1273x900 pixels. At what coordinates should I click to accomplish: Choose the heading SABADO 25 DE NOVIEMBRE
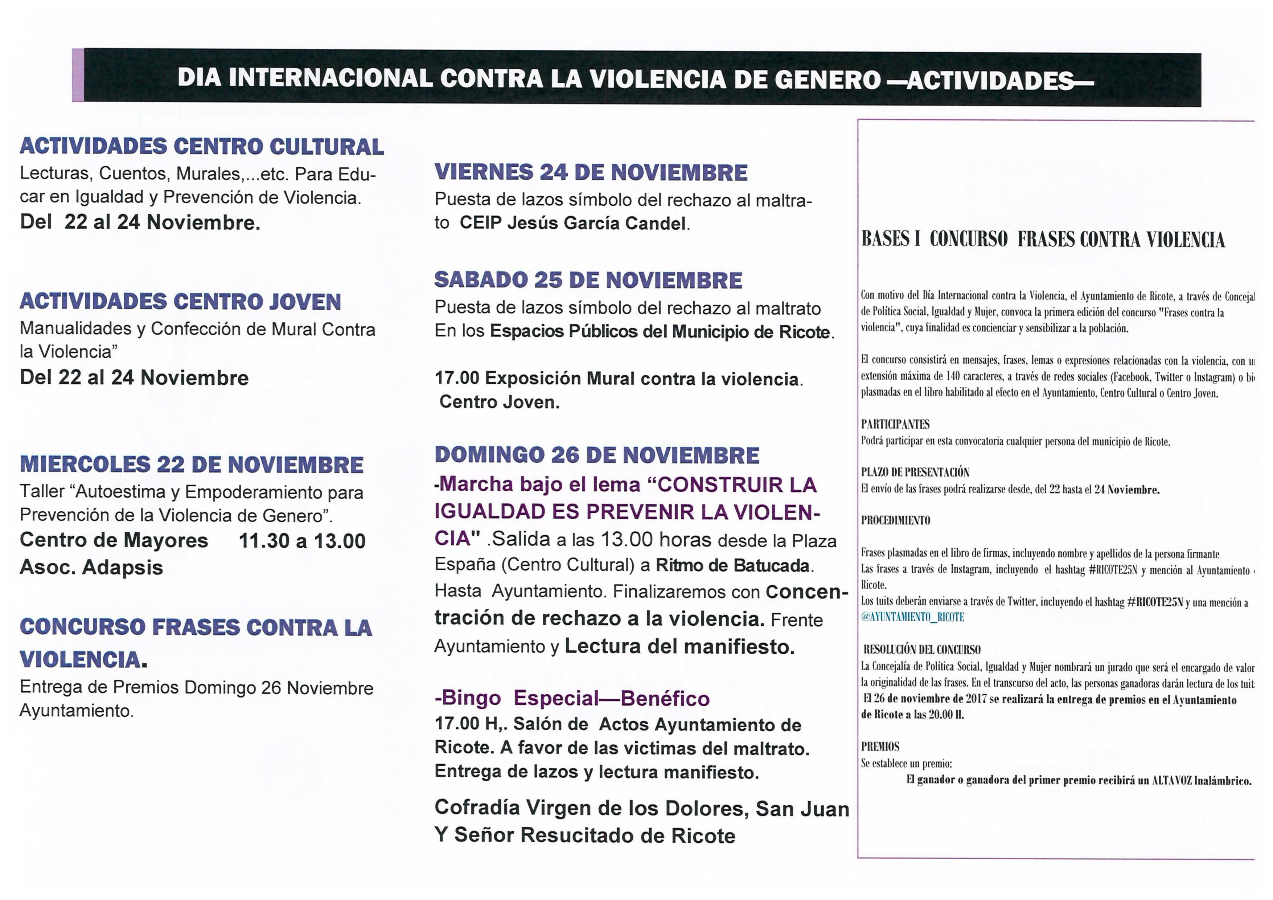(588, 280)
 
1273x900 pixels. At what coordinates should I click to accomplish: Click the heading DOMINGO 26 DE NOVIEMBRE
(596, 455)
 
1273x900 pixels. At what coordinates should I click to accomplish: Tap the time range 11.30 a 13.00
(302, 541)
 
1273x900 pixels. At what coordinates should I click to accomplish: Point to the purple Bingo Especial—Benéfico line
(572, 699)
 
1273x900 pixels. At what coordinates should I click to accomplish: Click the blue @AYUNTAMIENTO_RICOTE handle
(913, 617)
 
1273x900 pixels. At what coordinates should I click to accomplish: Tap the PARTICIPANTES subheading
(895, 425)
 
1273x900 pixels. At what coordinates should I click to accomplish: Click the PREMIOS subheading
(880, 746)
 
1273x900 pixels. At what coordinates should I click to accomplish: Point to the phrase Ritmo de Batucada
(732, 566)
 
